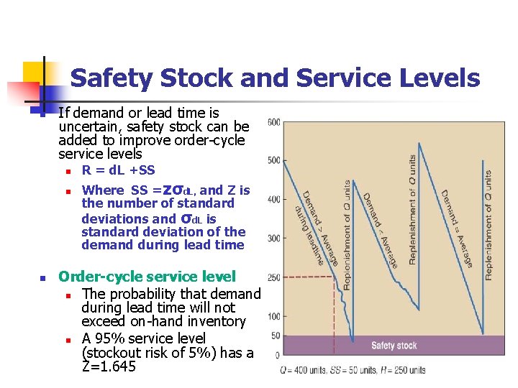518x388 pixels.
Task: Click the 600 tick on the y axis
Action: point(274,122)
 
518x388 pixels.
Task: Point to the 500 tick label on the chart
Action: point(274,160)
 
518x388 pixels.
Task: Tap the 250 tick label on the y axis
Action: point(274,277)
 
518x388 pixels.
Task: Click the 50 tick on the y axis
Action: point(276,336)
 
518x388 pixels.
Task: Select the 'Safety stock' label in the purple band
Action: point(394,346)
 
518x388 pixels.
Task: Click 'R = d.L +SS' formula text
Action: point(118,170)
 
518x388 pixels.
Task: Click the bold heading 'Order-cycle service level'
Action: point(147,277)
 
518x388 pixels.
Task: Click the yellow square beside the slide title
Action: point(33,72)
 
